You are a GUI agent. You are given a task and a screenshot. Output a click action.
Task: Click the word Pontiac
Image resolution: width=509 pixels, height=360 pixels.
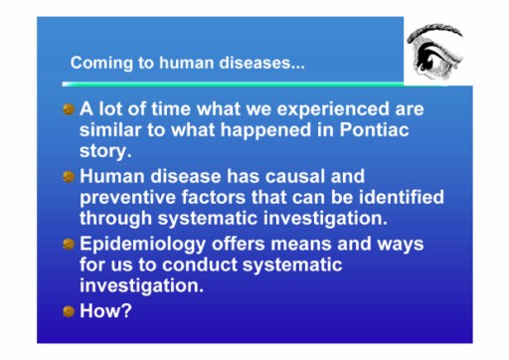click(374, 129)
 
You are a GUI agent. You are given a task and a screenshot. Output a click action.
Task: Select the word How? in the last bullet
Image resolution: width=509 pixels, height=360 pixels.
click(105, 310)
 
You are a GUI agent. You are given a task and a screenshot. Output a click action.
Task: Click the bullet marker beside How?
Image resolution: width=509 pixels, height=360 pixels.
click(69, 311)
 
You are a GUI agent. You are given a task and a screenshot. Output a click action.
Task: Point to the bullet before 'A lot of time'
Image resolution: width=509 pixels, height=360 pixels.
click(69, 109)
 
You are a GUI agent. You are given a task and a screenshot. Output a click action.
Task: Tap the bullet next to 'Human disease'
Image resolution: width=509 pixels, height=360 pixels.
click(69, 176)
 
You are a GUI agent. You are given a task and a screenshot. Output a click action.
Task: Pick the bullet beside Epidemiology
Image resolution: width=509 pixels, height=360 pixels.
click(69, 245)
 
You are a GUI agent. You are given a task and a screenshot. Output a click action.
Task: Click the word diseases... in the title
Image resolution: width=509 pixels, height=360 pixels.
click(261, 63)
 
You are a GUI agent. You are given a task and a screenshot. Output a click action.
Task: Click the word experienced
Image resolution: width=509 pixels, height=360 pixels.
click(333, 109)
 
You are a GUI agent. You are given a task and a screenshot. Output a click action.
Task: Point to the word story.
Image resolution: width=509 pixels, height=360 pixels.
click(105, 151)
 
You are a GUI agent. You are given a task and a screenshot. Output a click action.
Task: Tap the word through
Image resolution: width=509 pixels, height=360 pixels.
click(115, 219)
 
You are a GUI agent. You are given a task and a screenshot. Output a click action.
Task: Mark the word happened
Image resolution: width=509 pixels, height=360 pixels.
click(265, 130)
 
